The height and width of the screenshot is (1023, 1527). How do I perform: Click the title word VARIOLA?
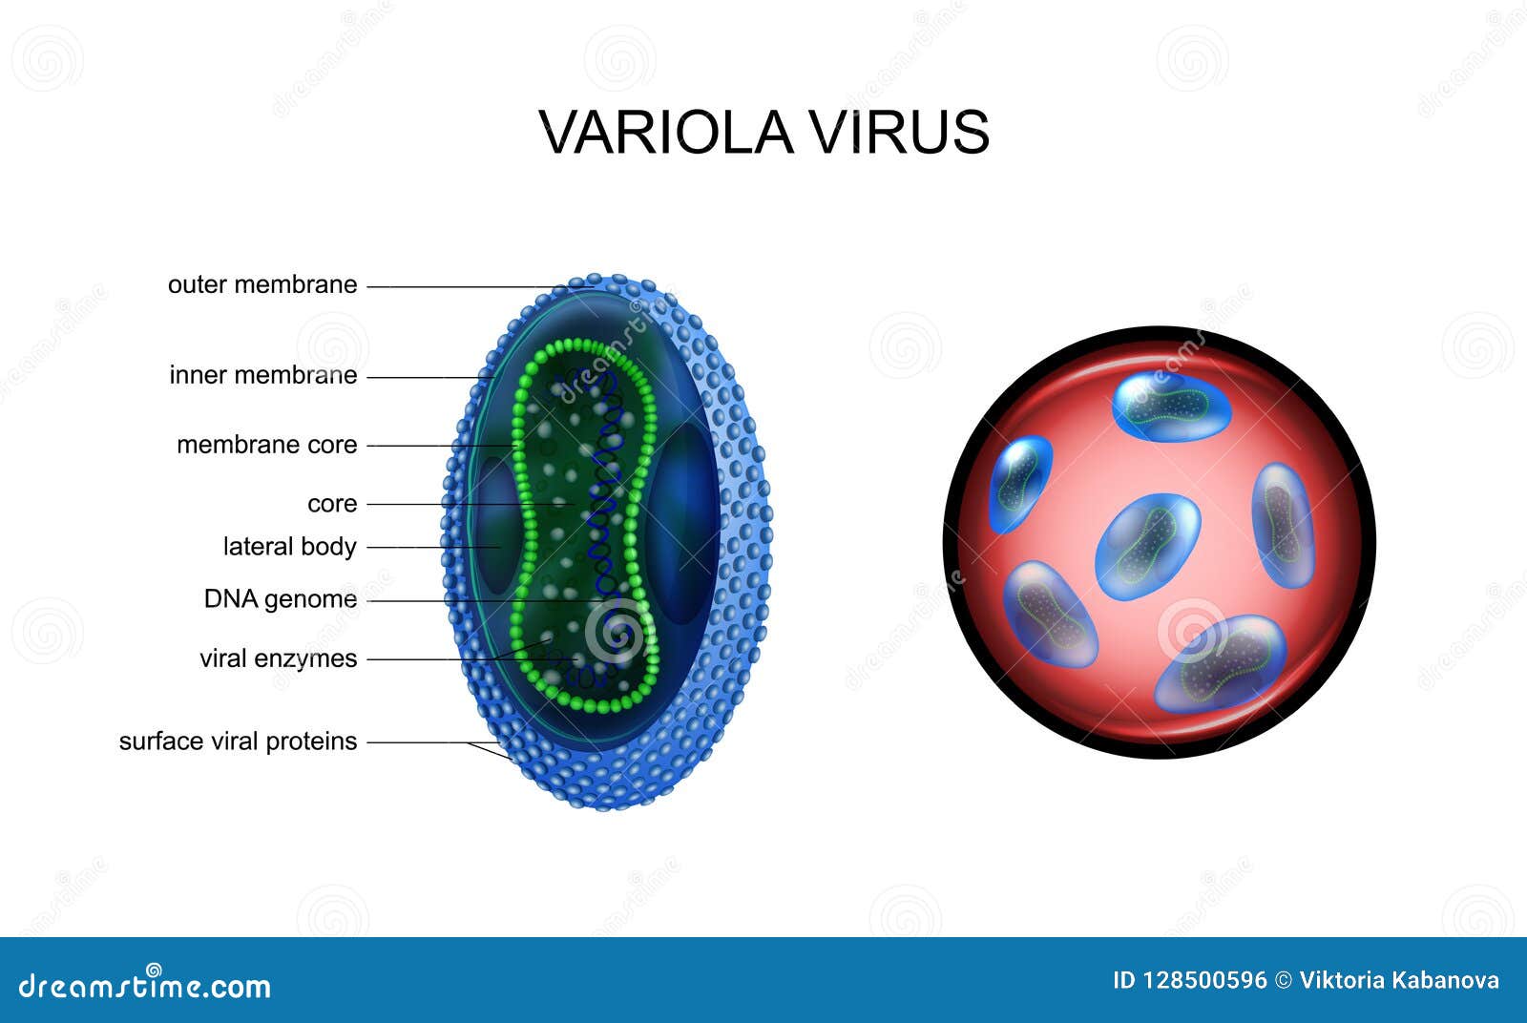[665, 132]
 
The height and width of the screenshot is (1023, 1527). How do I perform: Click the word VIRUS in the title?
[900, 132]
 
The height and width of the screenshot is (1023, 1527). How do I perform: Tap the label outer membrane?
[262, 284]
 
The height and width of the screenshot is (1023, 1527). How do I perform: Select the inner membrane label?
[263, 375]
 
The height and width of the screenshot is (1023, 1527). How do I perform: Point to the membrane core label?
[267, 445]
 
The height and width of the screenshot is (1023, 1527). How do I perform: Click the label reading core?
[332, 503]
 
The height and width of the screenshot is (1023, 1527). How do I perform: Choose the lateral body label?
[289, 546]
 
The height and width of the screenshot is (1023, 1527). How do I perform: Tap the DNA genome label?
[281, 598]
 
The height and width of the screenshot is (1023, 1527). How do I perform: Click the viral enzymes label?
[278, 658]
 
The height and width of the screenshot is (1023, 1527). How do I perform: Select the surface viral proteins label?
[238, 741]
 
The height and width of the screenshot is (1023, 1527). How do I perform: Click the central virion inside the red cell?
[1147, 546]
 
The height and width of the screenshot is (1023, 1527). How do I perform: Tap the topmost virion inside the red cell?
[1171, 407]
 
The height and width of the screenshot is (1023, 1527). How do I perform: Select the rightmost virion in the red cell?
[1283, 525]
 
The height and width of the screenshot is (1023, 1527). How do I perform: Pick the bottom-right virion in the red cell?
[1222, 662]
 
